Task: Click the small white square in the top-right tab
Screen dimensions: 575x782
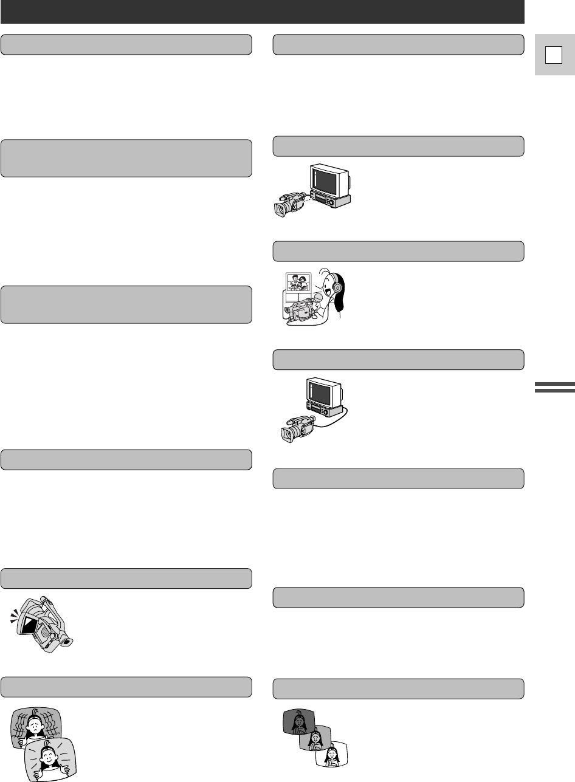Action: point(551,55)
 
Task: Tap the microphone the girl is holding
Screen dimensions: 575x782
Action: point(317,298)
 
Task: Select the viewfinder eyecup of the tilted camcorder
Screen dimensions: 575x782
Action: point(67,642)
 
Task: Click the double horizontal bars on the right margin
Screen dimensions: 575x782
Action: point(554,387)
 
